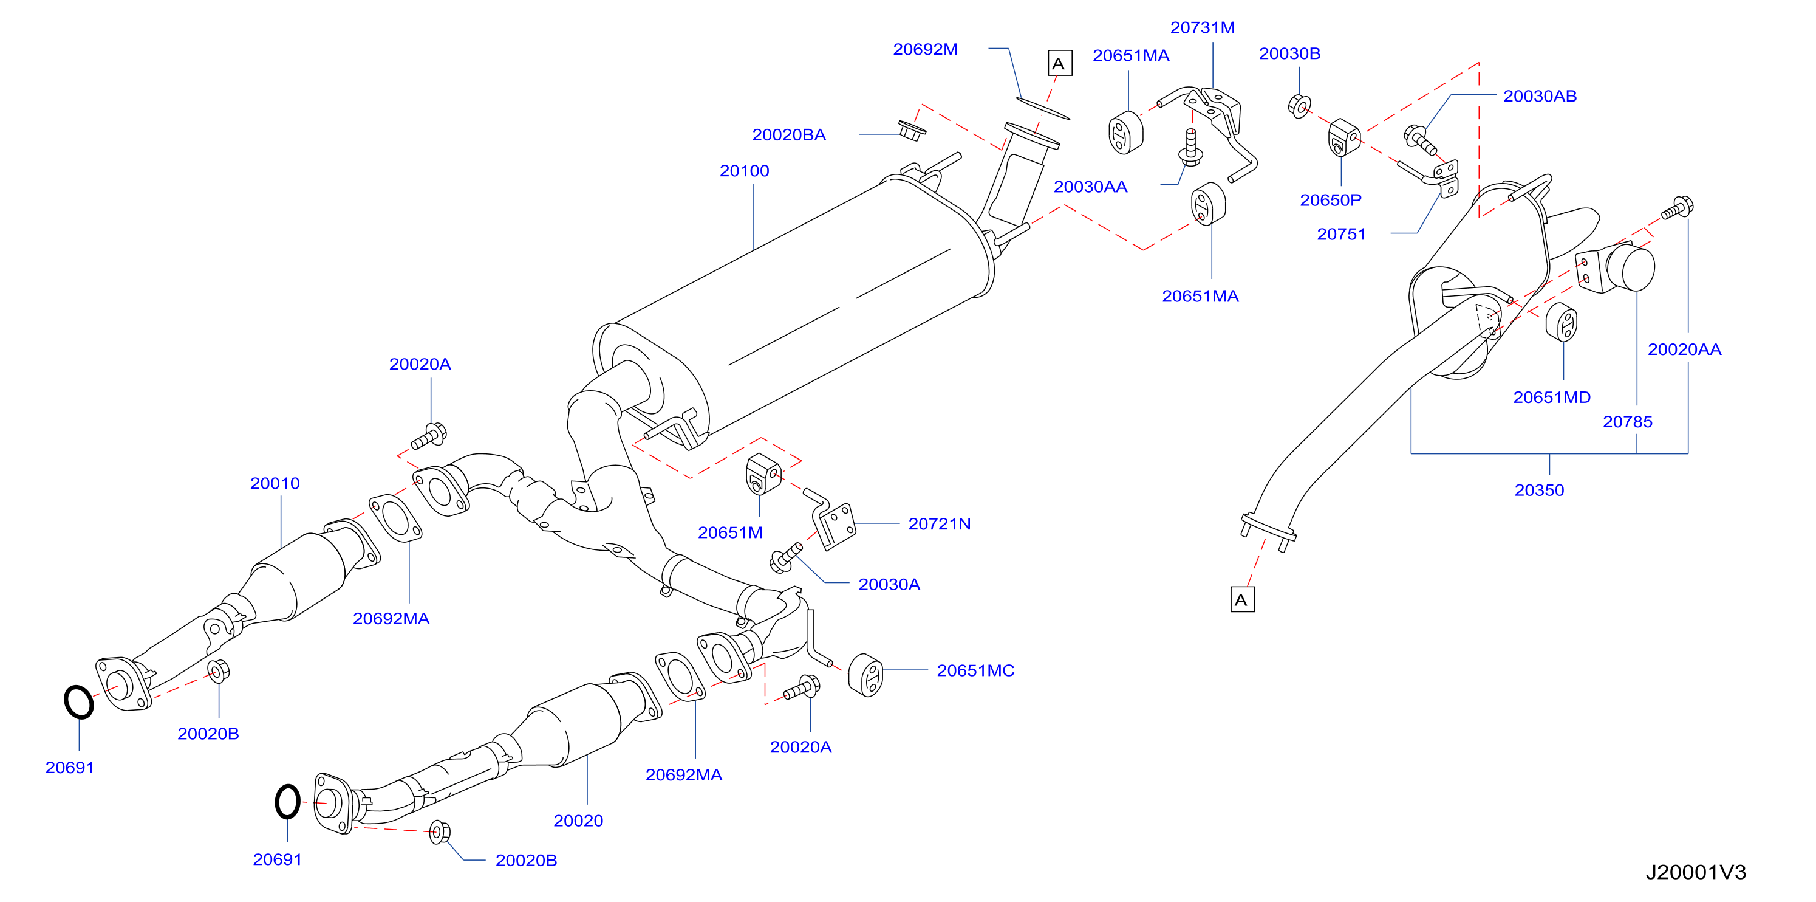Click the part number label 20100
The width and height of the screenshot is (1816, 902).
coord(744,171)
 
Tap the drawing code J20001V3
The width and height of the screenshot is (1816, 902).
coord(1696,872)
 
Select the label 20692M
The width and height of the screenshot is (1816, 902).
coord(925,49)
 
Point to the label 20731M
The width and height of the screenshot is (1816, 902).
coord(1202,27)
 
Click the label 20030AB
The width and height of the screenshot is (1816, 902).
coord(1540,96)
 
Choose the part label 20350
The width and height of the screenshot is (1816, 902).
coord(1539,490)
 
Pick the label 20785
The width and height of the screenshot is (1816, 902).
coord(1627,422)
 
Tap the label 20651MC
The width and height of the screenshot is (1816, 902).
coord(975,670)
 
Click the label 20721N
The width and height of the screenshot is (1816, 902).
coord(939,524)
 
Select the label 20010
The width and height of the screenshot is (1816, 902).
coord(275,484)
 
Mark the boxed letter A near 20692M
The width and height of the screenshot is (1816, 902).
coord(1060,63)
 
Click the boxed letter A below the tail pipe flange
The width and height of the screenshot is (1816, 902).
coord(1241,600)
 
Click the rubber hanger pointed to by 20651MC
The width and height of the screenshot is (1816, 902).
coord(865,675)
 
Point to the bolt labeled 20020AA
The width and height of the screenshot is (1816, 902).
coord(1678,208)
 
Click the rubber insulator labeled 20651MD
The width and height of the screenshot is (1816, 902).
coord(1561,323)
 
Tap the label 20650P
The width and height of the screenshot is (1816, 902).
coord(1330,201)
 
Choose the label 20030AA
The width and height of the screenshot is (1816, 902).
coord(1090,187)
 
